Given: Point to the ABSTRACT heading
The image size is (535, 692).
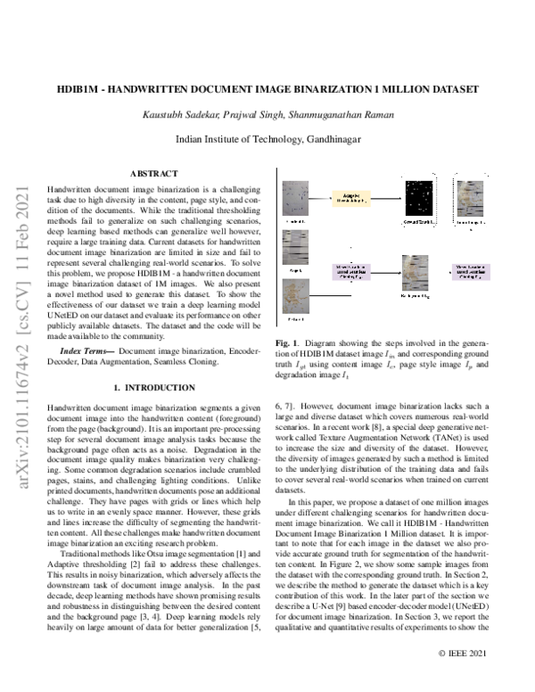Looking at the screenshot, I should [x=153, y=173].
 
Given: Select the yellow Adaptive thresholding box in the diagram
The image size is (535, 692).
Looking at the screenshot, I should [x=351, y=198].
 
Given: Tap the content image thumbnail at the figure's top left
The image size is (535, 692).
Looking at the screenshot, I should [x=295, y=195].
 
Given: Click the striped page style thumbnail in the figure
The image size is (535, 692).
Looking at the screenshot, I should [x=295, y=243].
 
